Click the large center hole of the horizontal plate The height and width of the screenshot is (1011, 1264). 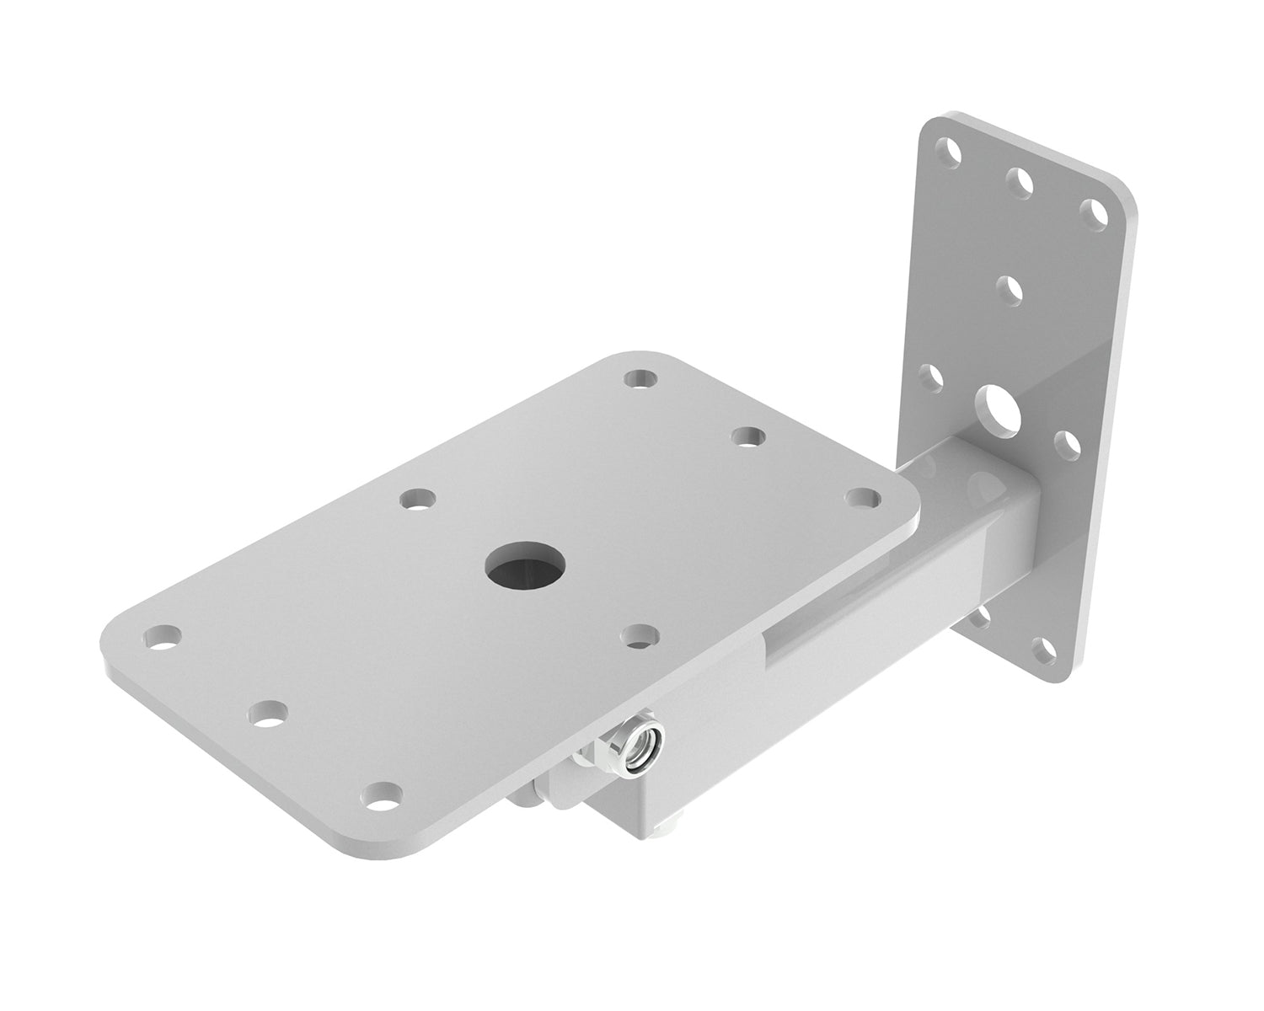pos(523,564)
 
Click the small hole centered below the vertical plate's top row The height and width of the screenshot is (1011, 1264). pos(1009,291)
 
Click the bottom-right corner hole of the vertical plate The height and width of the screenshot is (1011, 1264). pos(1046,649)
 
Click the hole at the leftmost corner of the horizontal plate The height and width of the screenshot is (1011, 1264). pos(163,636)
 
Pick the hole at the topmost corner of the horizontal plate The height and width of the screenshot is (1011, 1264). pos(642,377)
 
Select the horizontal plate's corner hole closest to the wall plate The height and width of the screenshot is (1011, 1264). pos(862,497)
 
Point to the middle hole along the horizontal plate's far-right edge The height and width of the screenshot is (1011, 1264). pos(747,436)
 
